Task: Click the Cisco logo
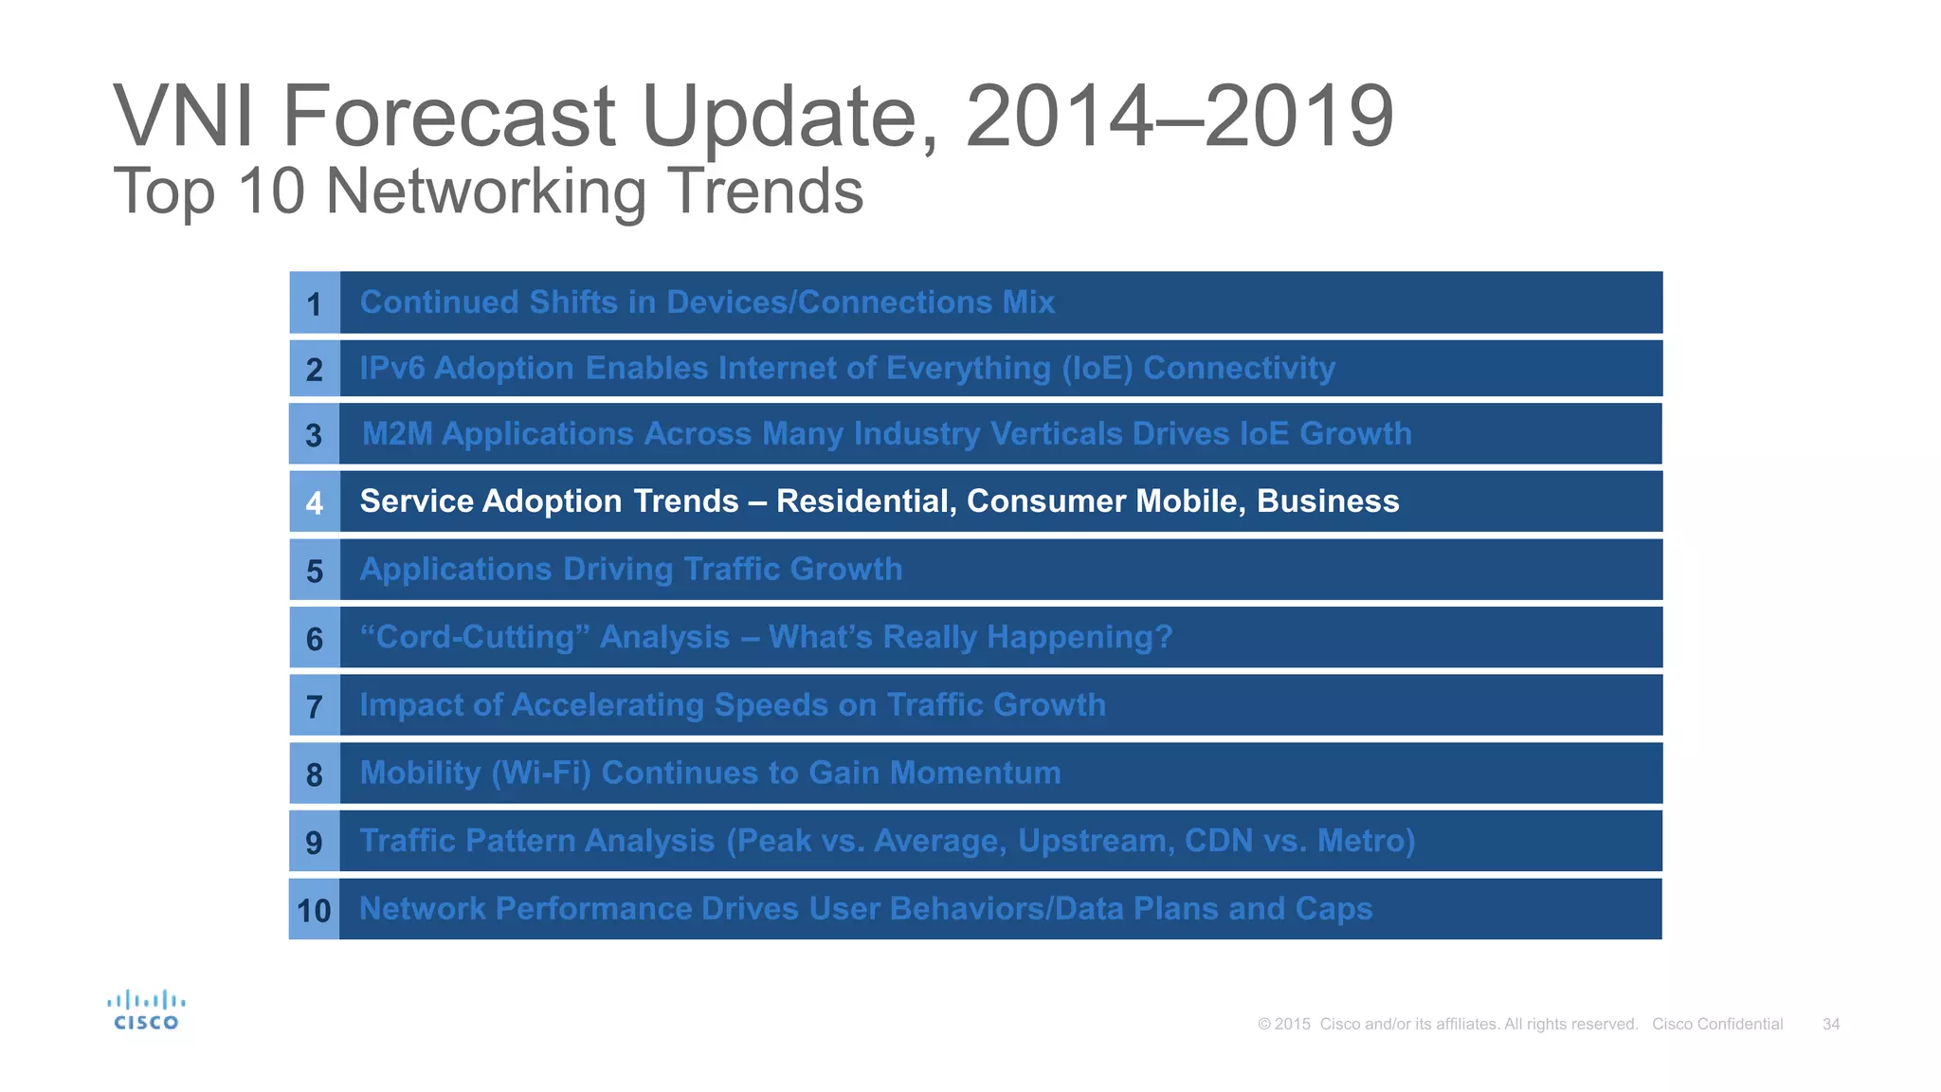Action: pyautogui.click(x=146, y=1010)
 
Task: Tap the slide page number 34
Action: pyautogui.click(x=1831, y=1024)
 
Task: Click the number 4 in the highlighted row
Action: pyautogui.click(x=315, y=502)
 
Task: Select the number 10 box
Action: pyautogui.click(x=314, y=911)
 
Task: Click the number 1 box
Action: pyautogui.click(x=315, y=304)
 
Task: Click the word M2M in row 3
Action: pyautogui.click(x=397, y=434)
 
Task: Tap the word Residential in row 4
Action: pyautogui.click(x=865, y=501)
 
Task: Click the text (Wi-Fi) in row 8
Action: pyautogui.click(x=541, y=773)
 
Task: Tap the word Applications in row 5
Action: pyautogui.click(x=456, y=570)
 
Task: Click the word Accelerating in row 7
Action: pyautogui.click(x=608, y=705)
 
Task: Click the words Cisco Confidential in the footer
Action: pyautogui.click(x=1717, y=1024)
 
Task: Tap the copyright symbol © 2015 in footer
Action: pyautogui.click(x=1284, y=1024)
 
